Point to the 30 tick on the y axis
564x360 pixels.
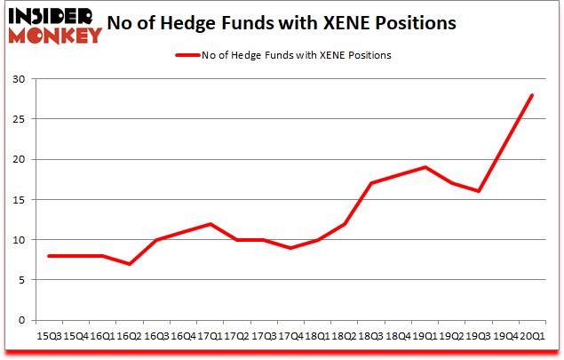(20, 79)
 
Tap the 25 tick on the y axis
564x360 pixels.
(20, 119)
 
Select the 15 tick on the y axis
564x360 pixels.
(20, 199)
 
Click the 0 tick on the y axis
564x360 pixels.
(23, 320)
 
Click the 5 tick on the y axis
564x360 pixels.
(23, 280)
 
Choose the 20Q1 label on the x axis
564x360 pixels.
(533, 335)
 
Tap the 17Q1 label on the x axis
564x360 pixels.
(209, 335)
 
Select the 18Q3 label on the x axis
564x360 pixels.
(371, 335)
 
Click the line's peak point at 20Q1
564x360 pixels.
(533, 95)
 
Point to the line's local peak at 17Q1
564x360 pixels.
(209, 224)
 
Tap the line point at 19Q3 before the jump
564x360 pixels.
(479, 191)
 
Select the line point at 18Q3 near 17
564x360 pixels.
(371, 183)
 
